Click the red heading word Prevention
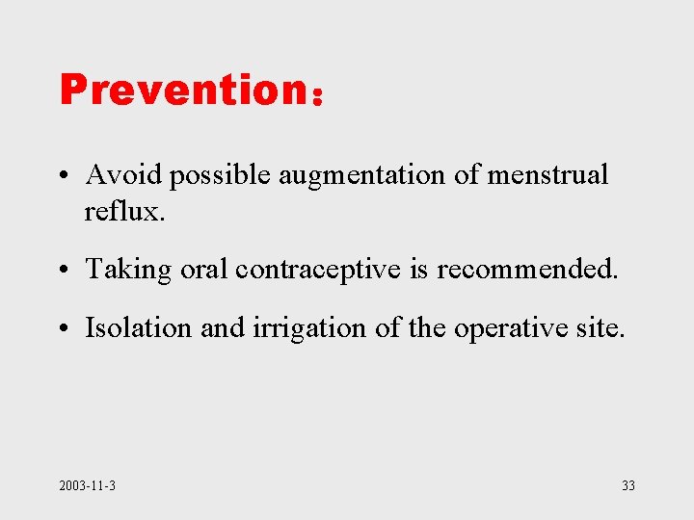tap(183, 90)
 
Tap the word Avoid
tap(116, 174)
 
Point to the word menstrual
tap(547, 174)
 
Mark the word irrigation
tap(310, 329)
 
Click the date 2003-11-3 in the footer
tap(87, 485)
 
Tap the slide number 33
tap(627, 485)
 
